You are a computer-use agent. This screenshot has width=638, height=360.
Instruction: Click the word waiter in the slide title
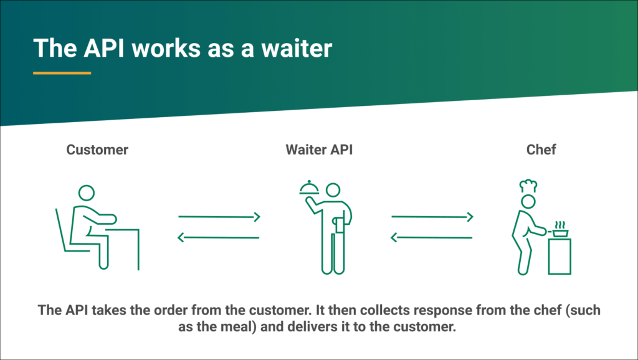(297, 49)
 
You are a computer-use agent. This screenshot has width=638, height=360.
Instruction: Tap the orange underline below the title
(62, 73)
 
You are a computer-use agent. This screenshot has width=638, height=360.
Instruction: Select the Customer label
(97, 149)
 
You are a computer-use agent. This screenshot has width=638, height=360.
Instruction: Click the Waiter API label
(319, 149)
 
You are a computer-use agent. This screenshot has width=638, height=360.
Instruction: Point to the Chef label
(541, 149)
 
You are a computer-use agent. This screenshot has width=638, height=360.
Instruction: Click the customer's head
(86, 193)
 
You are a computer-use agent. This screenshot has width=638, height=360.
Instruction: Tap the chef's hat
(528, 186)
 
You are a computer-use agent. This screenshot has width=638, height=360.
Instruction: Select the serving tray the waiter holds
(309, 188)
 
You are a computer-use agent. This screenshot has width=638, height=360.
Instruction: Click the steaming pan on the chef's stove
(560, 230)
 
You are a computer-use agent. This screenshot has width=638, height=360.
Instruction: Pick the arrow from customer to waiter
(219, 217)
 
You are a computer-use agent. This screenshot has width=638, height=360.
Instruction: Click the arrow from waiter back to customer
(219, 237)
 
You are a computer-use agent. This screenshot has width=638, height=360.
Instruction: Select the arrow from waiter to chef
(432, 217)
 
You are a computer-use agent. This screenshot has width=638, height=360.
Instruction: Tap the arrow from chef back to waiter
(431, 237)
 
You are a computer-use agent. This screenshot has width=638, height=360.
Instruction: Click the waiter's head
(333, 190)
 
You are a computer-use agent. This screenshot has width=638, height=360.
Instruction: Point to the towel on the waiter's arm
(339, 225)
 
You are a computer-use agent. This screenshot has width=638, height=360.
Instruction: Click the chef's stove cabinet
(559, 256)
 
